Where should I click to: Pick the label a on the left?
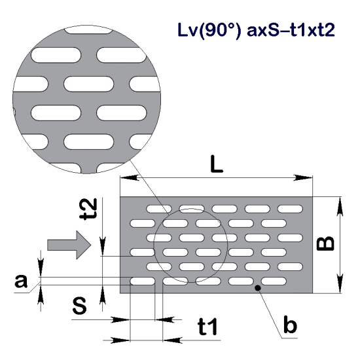pos(21,281)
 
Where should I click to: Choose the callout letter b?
pos(291,325)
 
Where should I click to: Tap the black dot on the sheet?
pos(259,288)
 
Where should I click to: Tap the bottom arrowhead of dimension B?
pos(341,289)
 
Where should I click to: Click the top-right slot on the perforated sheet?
pos(289,209)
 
